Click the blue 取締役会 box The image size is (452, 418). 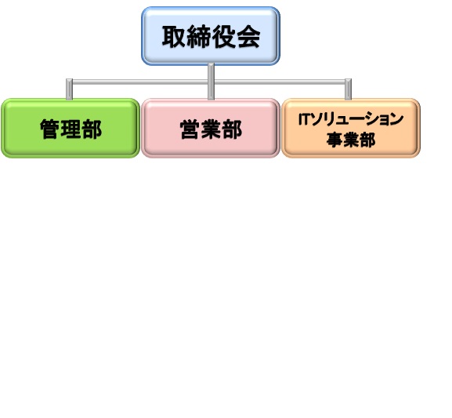[x=211, y=36]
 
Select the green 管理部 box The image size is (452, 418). [x=71, y=128]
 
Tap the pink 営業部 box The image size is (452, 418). [x=211, y=128]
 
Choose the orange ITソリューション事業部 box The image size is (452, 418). [x=351, y=128]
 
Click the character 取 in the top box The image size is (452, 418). [x=174, y=37]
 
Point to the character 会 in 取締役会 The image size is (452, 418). [x=248, y=37]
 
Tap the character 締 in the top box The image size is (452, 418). [x=199, y=37]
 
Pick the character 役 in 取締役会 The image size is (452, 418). [x=224, y=37]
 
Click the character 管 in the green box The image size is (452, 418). [x=50, y=129]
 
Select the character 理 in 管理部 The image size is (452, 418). [x=71, y=129]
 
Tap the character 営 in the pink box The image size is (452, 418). [x=190, y=129]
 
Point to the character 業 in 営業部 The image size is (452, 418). [x=211, y=129]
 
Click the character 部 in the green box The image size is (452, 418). [x=92, y=129]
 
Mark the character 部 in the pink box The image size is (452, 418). [x=232, y=129]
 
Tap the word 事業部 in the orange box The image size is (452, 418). [x=351, y=140]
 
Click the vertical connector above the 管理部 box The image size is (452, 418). [x=69, y=89]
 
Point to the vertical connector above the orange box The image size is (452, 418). [x=349, y=89]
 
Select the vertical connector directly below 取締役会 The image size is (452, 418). [x=211, y=82]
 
